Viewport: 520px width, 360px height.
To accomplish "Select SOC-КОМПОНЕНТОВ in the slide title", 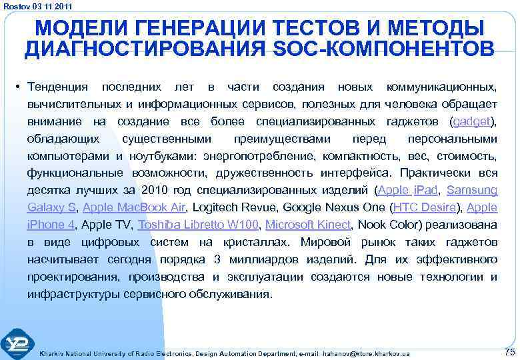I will pyautogui.click(x=381, y=49).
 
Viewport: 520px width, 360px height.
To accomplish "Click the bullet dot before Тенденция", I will pyautogui.click(x=20, y=88).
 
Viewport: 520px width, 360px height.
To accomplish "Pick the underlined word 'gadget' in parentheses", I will pyautogui.click(x=471, y=122).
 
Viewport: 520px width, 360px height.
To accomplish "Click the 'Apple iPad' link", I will pyautogui.click(x=408, y=190).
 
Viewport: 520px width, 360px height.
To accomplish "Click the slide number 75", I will pyautogui.click(x=510, y=351).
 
